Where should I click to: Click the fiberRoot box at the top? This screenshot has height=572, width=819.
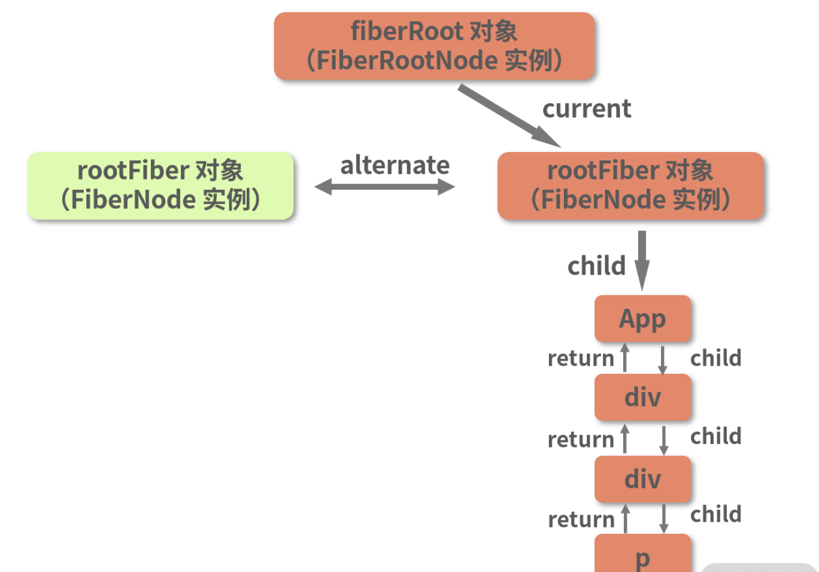coord(434,46)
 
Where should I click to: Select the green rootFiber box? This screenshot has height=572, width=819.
coord(160,185)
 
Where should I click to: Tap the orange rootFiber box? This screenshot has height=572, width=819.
coord(630,185)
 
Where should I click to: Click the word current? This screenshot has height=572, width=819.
coord(587,109)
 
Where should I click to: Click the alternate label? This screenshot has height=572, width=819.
coord(395,165)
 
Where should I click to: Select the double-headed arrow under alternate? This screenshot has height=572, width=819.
coord(385,187)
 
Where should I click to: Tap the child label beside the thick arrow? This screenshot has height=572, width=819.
coord(596,266)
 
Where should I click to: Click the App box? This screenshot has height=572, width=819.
coord(642,318)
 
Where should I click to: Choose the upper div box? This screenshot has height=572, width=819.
coord(642,397)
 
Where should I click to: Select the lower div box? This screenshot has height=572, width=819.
coord(642,479)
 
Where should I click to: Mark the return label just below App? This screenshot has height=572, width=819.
coord(581,358)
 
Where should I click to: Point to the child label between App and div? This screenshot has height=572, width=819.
coord(715,358)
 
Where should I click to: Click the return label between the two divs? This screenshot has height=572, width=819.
coord(581,440)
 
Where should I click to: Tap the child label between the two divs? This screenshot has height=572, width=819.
coord(715,436)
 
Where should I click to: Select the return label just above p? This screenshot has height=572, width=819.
coord(581,519)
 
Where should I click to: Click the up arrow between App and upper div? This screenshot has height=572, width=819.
coord(625,358)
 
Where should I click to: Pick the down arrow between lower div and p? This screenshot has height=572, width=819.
coord(663,518)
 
